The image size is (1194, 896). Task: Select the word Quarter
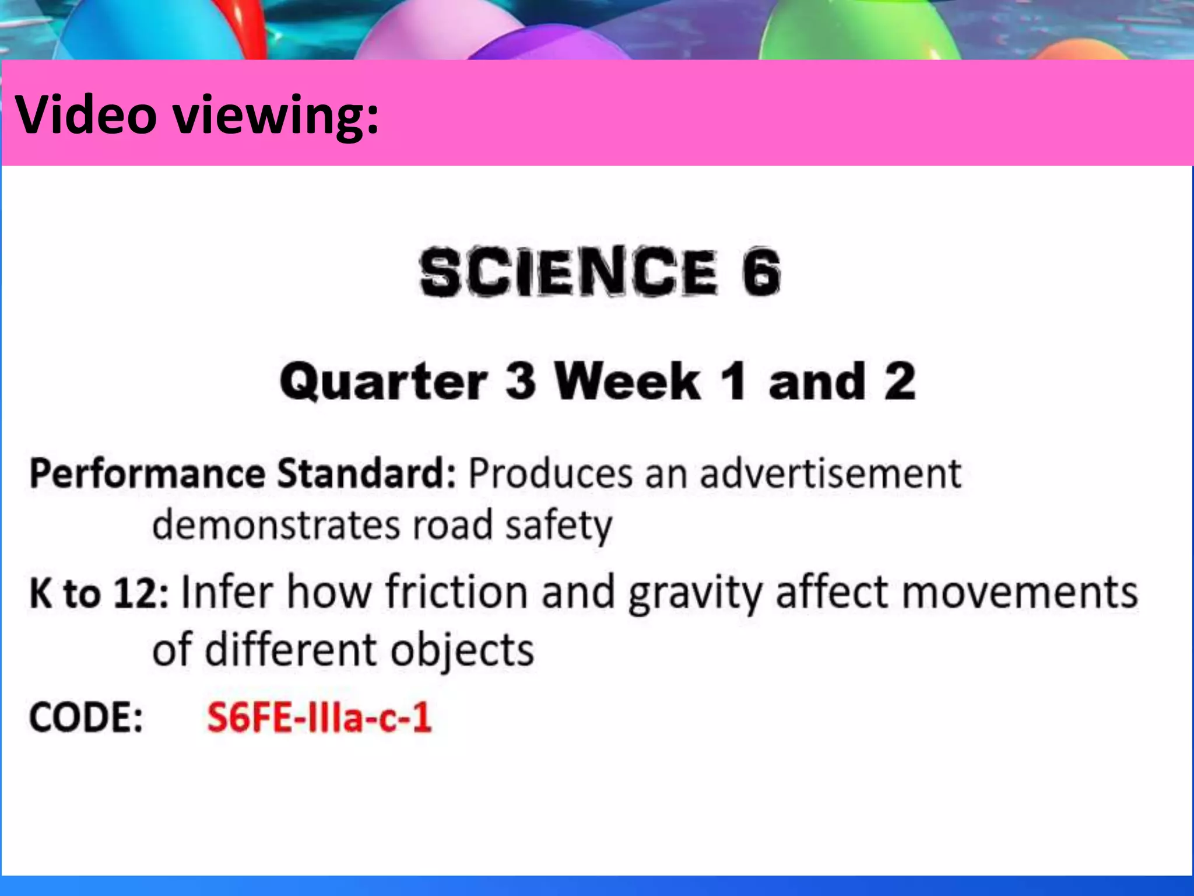[383, 381]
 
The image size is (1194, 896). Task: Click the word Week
[627, 381]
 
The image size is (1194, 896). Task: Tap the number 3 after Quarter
[520, 381]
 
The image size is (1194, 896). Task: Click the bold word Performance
[148, 473]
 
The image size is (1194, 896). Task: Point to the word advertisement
[830, 473]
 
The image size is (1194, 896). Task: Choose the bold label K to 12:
[99, 593]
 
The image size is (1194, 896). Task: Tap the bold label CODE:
[86, 717]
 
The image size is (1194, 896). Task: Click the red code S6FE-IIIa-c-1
[319, 717]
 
